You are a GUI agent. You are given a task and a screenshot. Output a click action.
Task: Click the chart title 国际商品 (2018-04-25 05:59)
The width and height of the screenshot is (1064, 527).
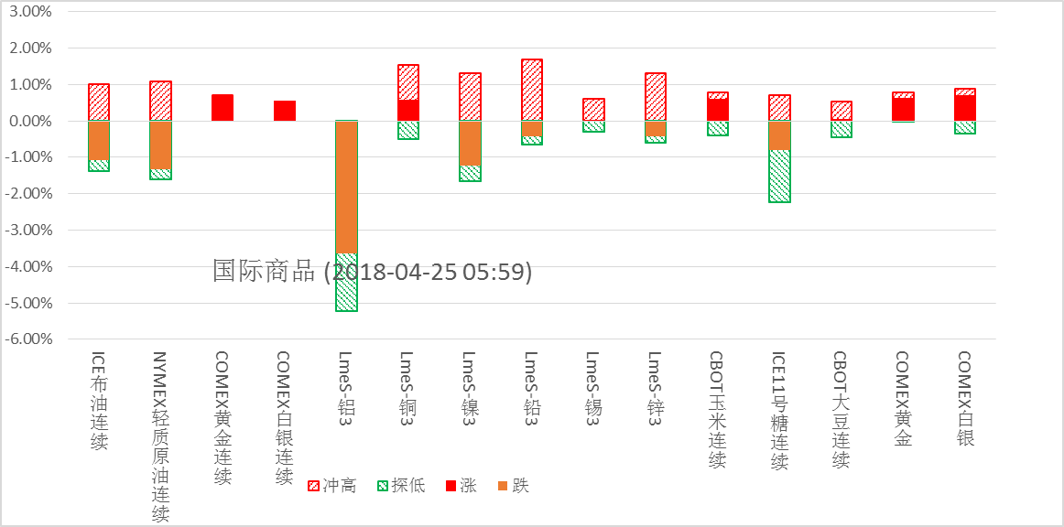[x=372, y=272]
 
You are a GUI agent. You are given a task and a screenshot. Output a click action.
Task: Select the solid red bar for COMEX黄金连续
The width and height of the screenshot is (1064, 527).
[x=223, y=108]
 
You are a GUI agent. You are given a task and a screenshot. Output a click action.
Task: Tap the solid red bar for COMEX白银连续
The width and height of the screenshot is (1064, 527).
[x=285, y=111]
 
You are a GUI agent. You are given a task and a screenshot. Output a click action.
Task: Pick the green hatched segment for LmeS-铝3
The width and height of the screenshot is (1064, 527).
[x=346, y=282]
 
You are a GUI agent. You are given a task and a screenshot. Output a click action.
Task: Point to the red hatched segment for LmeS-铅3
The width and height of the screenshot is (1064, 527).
[x=532, y=91]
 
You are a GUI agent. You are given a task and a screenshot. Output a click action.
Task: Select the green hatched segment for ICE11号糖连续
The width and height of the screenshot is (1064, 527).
[x=779, y=176]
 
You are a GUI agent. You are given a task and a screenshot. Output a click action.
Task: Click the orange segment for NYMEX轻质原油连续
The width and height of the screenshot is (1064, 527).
[x=160, y=145]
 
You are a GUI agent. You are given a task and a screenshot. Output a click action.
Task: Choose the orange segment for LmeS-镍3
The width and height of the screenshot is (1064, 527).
[x=470, y=144]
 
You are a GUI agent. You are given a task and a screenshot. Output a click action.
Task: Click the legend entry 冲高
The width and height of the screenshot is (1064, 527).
[x=332, y=486]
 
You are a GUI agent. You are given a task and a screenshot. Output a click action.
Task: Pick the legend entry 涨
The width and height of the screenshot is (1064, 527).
[x=460, y=486]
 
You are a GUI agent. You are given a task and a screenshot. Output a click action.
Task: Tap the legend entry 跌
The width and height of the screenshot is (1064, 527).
[x=512, y=486]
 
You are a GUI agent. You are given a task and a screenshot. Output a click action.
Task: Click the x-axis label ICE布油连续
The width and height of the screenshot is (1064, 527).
[x=99, y=401]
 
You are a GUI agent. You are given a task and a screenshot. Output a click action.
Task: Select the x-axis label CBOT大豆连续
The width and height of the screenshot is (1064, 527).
[x=841, y=410]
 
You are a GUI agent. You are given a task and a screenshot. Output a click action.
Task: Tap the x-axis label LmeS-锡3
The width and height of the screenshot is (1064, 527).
[x=593, y=383]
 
